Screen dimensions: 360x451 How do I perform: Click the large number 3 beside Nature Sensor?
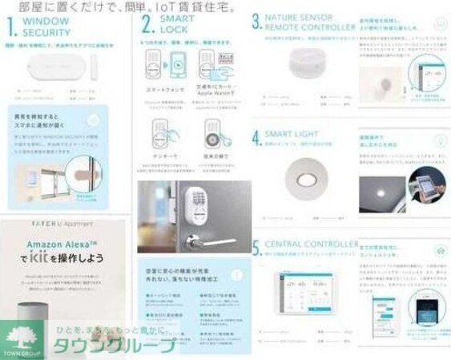coord(256,22)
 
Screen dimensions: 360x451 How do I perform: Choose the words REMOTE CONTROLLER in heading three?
coord(310,26)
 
